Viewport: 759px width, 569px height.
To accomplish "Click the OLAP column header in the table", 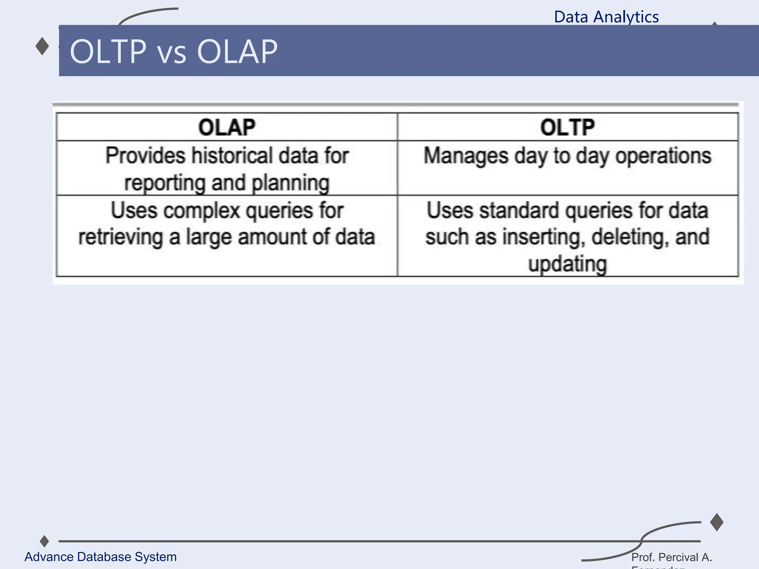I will [x=226, y=127].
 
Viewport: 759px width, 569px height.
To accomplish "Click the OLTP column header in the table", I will [x=567, y=127].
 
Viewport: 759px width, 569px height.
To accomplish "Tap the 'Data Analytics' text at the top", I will [x=606, y=17].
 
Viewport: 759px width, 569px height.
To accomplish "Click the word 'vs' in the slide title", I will [x=172, y=53].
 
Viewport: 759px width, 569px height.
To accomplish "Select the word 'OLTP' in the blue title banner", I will [x=108, y=51].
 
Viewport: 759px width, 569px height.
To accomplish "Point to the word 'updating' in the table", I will [x=567, y=264].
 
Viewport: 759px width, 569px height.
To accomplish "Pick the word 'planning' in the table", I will [x=290, y=183].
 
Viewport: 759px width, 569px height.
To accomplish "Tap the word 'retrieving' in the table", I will [x=120, y=237].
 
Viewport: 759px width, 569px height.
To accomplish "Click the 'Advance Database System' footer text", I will [x=100, y=557].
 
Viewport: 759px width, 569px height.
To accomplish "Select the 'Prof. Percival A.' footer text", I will [x=672, y=557].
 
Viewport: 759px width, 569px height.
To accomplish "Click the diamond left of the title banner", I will [x=42, y=46].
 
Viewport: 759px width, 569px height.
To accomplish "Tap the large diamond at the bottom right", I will [x=717, y=522].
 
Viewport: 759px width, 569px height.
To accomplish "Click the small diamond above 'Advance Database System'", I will [x=44, y=541].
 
